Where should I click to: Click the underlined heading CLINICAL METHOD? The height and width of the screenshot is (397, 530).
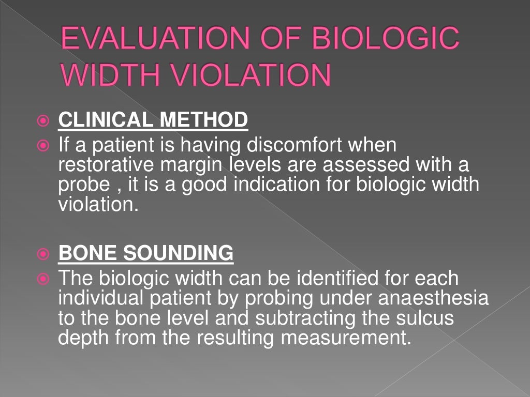click(x=153, y=120)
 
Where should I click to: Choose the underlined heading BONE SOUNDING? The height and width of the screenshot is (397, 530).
click(x=146, y=253)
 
